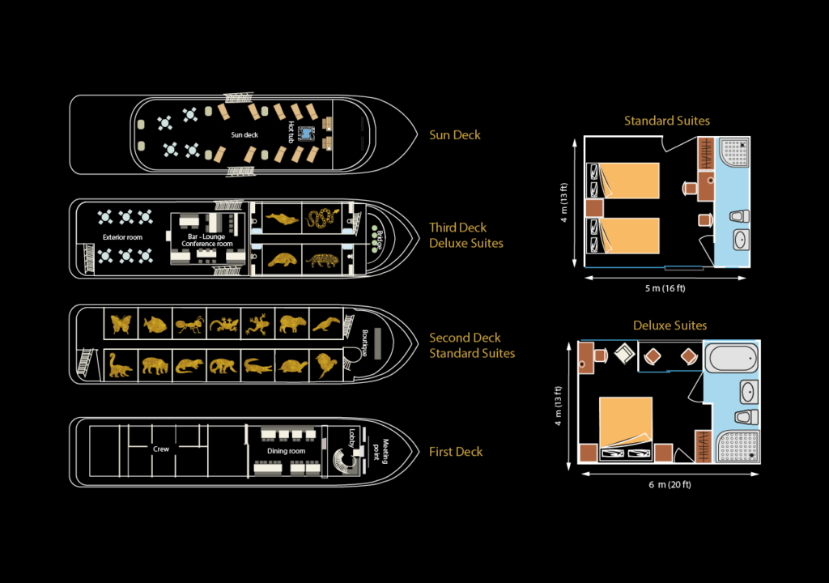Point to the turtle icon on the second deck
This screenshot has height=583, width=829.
tap(291, 366)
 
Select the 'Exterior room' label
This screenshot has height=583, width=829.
tap(122, 237)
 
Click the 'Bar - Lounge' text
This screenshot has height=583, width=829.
tap(206, 236)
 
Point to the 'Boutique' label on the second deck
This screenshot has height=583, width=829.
tap(365, 343)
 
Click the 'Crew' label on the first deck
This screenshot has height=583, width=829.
tap(161, 449)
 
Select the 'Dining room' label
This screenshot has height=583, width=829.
tap(286, 451)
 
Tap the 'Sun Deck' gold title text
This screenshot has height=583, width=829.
tap(454, 135)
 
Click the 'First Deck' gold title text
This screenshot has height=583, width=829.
tap(456, 452)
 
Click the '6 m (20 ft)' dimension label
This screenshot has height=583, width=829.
tap(668, 484)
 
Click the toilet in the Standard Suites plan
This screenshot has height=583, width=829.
tap(738, 216)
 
